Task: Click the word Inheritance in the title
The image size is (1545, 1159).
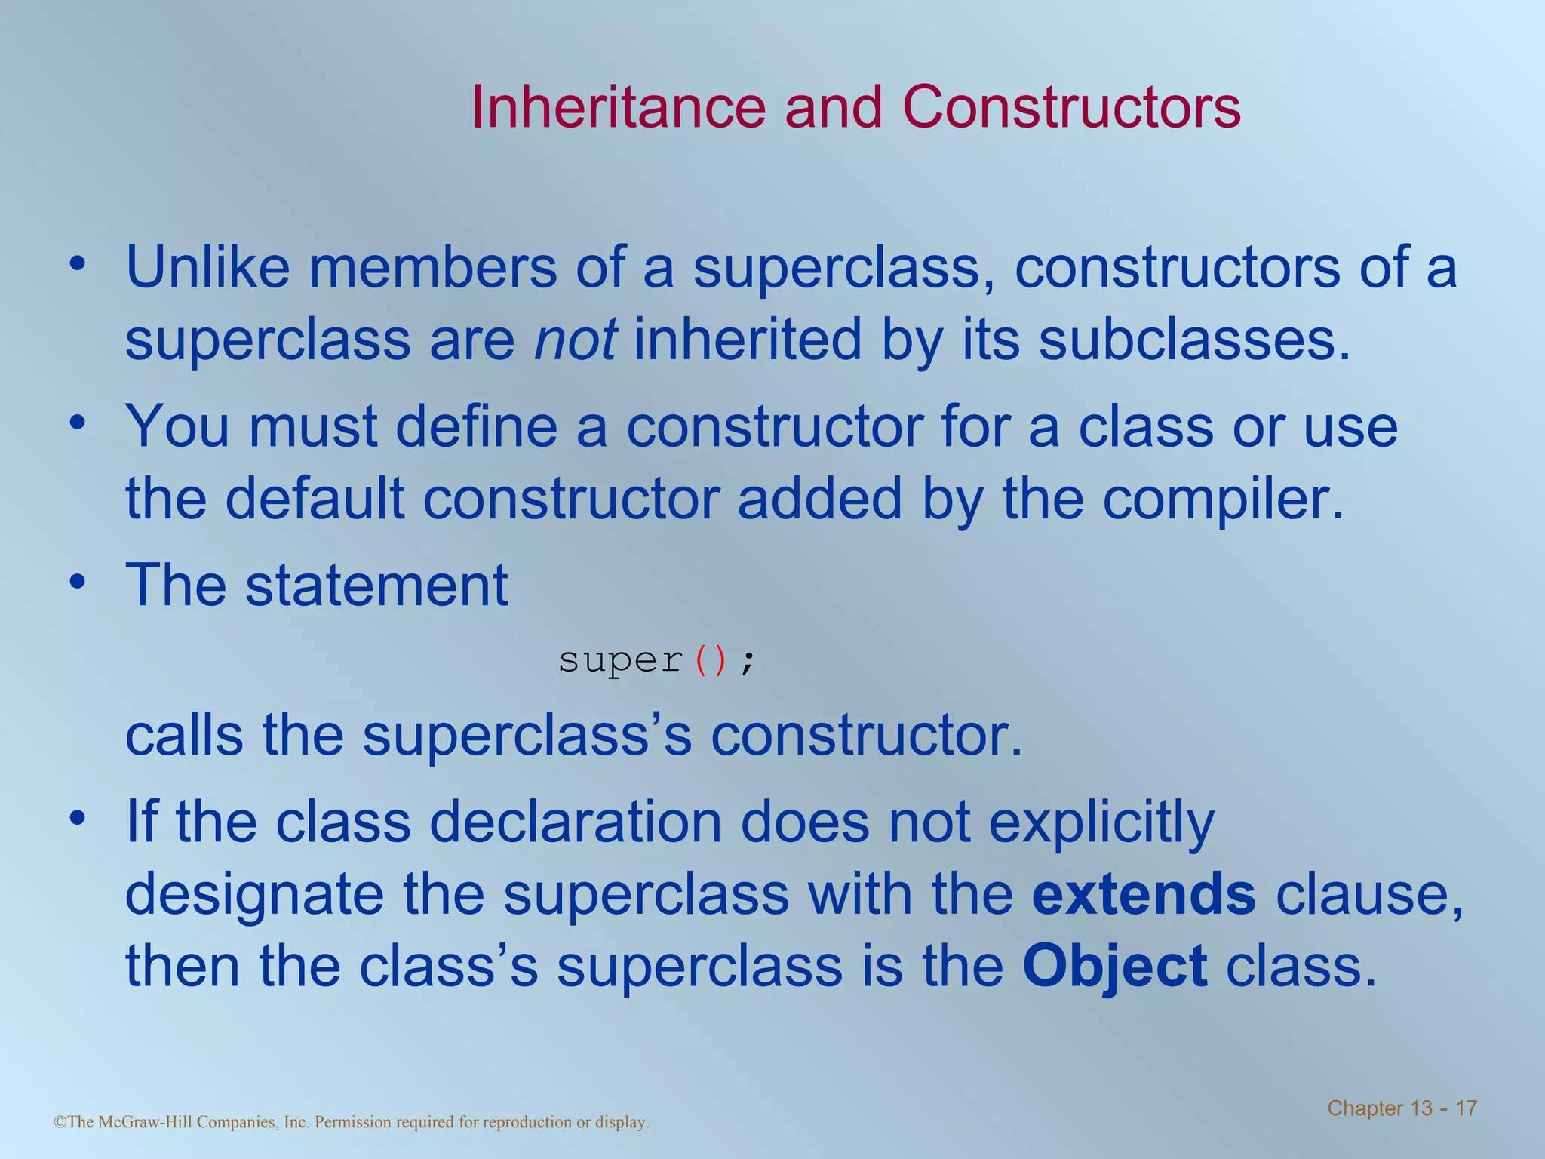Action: tap(618, 107)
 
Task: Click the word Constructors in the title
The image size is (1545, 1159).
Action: tap(1071, 107)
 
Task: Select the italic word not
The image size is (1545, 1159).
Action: tap(576, 340)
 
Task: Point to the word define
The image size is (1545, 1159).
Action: tap(476, 427)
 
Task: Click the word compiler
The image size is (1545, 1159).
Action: tap(1223, 500)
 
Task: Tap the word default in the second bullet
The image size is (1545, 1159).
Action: tap(315, 500)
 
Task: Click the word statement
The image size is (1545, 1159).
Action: tap(376, 586)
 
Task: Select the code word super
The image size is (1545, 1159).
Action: tap(620, 661)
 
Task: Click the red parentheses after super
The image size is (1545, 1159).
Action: tap(711, 661)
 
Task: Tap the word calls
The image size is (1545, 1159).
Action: tap(184, 736)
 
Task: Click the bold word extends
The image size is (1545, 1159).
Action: tap(1143, 894)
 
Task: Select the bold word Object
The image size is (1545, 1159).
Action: tap(1114, 967)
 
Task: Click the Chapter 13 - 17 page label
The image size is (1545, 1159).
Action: tap(1402, 1108)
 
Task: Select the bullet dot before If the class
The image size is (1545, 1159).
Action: tap(77, 818)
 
